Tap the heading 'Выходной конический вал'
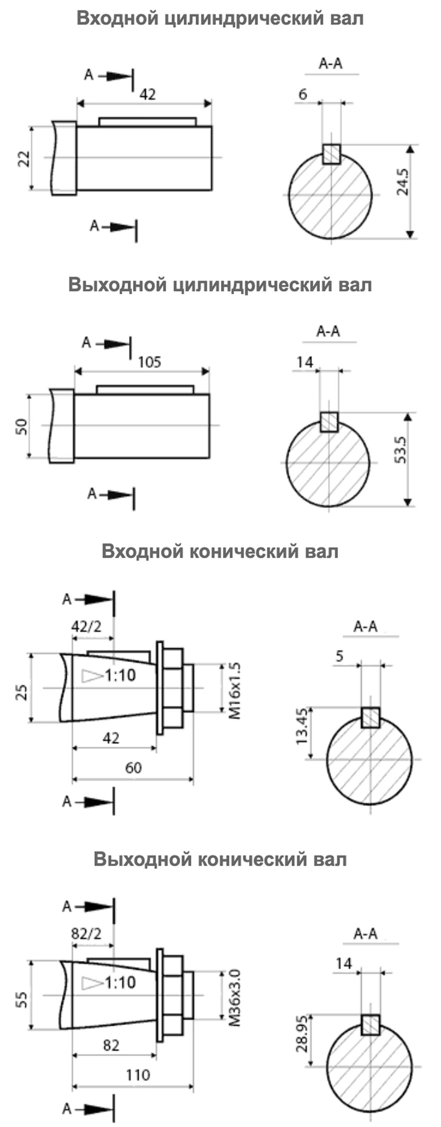220,859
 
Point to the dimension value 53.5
400,450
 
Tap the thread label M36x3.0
235,998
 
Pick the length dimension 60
133,768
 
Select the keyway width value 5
340,656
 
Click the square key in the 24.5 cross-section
331,155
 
